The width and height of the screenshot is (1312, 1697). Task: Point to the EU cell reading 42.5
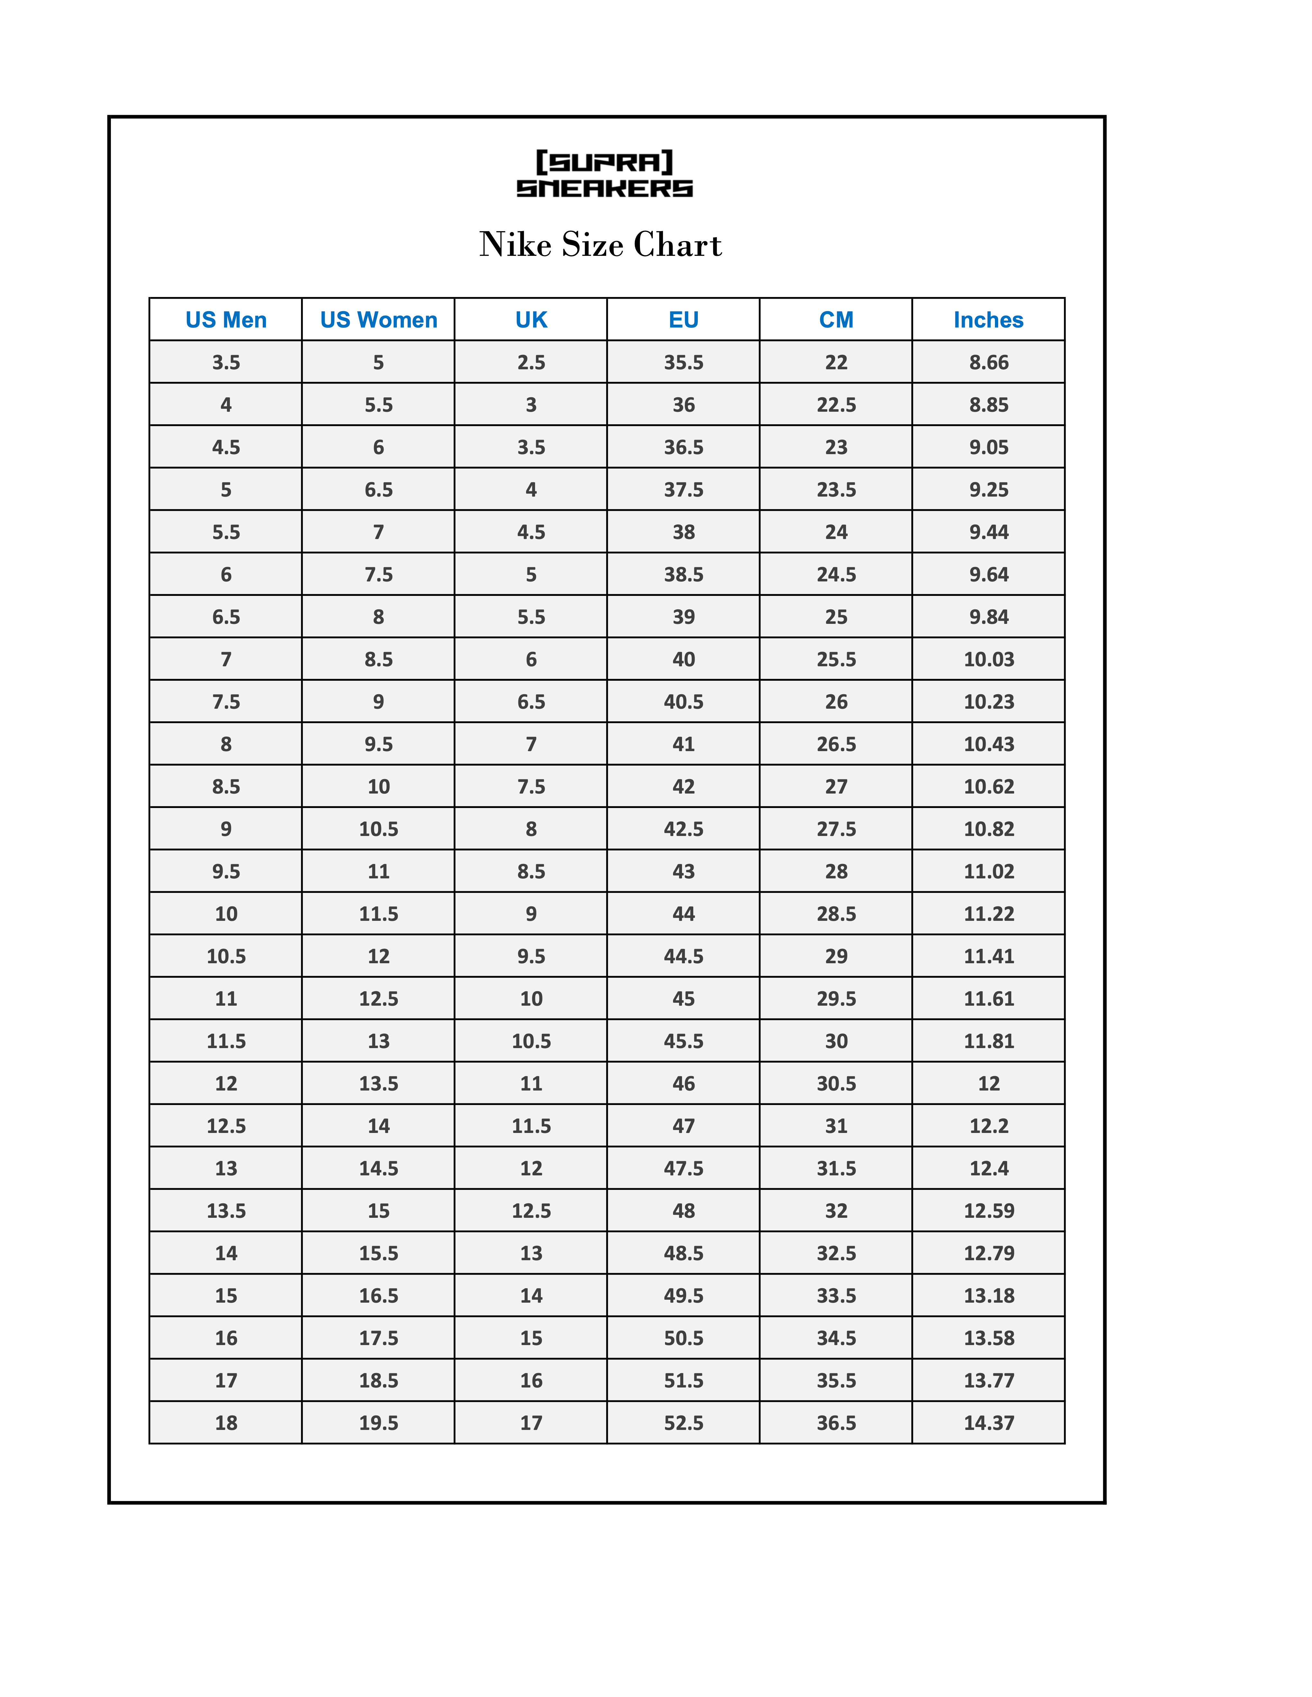(683, 829)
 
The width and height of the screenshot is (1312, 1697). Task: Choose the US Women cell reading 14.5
(378, 1169)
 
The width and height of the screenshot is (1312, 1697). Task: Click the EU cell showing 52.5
(683, 1423)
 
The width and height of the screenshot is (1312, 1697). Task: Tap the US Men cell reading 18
(225, 1423)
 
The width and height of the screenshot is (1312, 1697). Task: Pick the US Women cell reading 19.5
(378, 1423)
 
